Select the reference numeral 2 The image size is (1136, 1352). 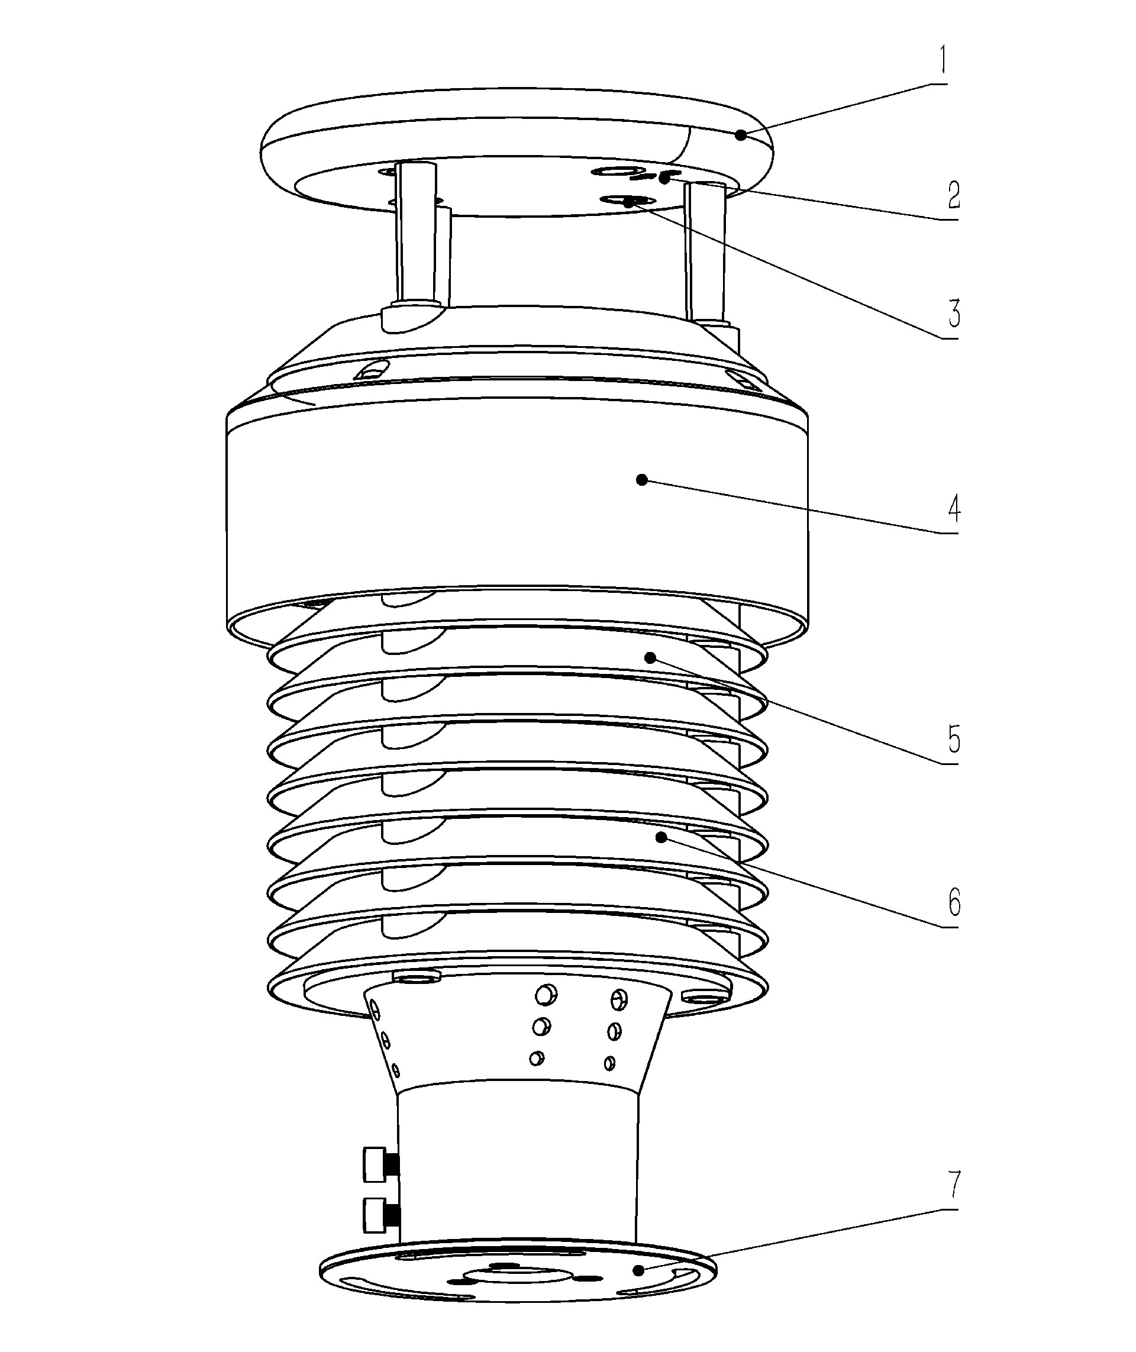click(954, 195)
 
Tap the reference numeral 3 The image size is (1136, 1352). click(954, 313)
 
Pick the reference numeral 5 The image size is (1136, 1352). click(954, 740)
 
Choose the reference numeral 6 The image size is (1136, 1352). click(954, 902)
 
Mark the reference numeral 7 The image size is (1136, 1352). click(954, 1183)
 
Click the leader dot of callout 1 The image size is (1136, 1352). click(741, 135)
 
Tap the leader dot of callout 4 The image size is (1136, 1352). click(641, 479)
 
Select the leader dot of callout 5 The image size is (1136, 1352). click(650, 657)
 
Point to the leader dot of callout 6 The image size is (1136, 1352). click(661, 837)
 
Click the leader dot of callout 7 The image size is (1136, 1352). click(638, 1270)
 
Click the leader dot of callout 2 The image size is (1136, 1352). click(664, 179)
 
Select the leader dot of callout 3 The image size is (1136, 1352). click(628, 202)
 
